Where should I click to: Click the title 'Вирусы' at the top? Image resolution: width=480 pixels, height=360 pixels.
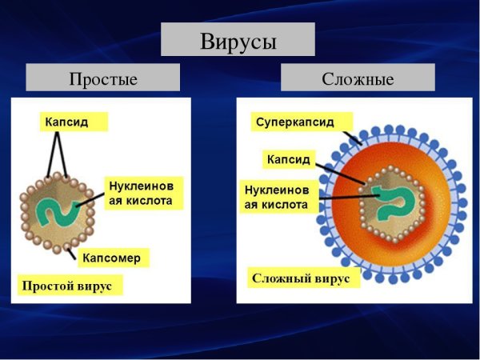(238, 39)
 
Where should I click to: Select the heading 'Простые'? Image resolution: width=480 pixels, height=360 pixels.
(103, 78)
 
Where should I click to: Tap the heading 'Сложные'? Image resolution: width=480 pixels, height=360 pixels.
(358, 78)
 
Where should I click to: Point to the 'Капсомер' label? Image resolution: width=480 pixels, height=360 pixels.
(111, 258)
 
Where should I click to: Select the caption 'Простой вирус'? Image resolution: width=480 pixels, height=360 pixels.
(70, 286)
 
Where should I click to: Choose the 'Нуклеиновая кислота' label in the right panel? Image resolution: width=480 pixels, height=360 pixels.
(277, 198)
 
